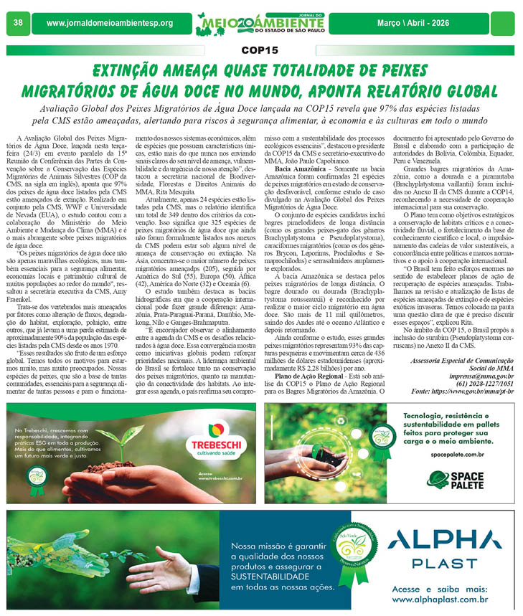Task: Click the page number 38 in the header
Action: click(19, 23)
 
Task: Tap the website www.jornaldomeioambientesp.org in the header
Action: click(110, 24)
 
